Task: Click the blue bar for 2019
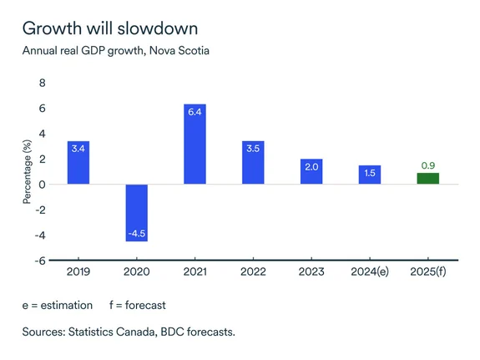coord(78,163)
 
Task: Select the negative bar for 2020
coord(137,212)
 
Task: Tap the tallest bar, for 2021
coord(195,144)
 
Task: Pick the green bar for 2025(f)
coord(427,179)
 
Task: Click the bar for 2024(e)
coord(370,175)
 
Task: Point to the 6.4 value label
coord(195,112)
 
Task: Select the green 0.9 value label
coord(427,165)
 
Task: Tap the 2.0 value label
coord(311,166)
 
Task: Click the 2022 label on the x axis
coord(253,271)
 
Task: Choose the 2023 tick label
coord(311,271)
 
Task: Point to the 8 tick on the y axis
coord(42,83)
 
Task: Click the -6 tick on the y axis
coord(39,260)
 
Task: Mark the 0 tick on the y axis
coord(42,184)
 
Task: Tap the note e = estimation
coord(58,306)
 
